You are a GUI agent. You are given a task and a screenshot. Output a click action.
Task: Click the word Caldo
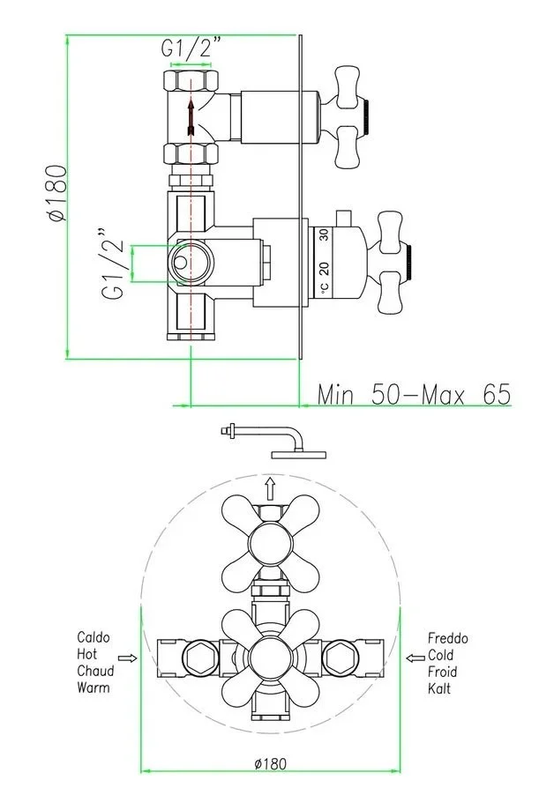click(x=94, y=637)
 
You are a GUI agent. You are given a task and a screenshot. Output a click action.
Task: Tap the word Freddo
click(x=447, y=638)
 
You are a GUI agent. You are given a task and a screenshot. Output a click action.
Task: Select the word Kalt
click(x=438, y=688)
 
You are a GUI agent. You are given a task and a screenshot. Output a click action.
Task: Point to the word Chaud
click(x=95, y=671)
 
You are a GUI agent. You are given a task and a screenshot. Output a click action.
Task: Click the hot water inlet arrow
click(x=127, y=658)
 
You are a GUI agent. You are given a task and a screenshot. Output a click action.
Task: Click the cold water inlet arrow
click(x=415, y=658)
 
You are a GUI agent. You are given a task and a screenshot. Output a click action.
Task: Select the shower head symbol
click(x=274, y=441)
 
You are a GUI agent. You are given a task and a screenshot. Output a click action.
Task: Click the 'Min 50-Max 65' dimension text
click(x=414, y=394)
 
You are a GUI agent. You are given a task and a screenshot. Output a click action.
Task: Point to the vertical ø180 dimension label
click(x=57, y=193)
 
